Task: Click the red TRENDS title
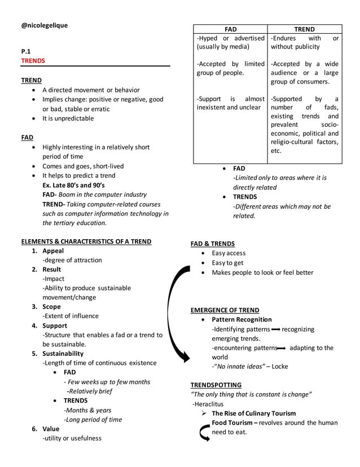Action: pyautogui.click(x=33, y=60)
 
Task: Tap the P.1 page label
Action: pyautogui.click(x=26, y=51)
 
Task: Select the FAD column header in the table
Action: pyautogui.click(x=230, y=29)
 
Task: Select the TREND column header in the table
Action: pyautogui.click(x=305, y=29)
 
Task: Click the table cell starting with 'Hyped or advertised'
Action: pyautogui.click(x=230, y=42)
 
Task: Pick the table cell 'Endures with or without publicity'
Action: pyautogui.click(x=305, y=42)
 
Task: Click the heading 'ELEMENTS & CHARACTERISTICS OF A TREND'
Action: pyautogui.click(x=86, y=241)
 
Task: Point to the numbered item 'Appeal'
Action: pyautogui.click(x=53, y=251)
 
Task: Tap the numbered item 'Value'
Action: pyautogui.click(x=51, y=429)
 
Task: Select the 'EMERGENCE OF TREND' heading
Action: pyautogui.click(x=225, y=310)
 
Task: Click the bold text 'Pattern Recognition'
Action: pyautogui.click(x=242, y=320)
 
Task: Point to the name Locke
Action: pyautogui.click(x=279, y=367)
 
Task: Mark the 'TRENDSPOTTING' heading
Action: pyautogui.click(x=216, y=385)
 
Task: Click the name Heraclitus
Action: pyautogui.click(x=209, y=404)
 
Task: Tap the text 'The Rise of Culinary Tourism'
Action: pyautogui.click(x=253, y=413)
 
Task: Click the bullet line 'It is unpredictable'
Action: pyautogui.click(x=68, y=118)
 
